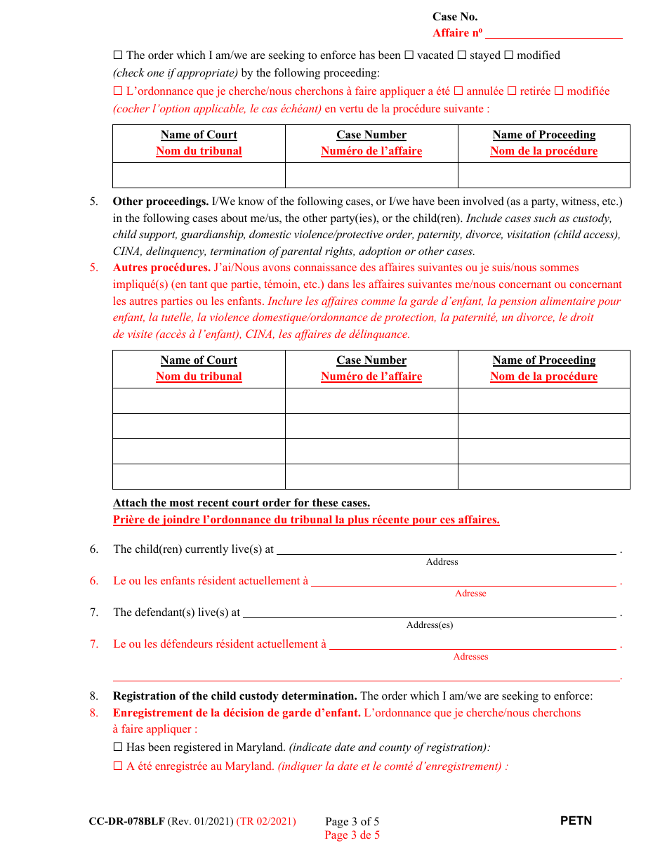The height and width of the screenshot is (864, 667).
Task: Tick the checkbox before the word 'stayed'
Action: point(462,55)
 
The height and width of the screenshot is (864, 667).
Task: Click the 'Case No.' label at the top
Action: point(455,17)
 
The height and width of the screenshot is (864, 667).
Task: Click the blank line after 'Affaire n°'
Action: point(553,33)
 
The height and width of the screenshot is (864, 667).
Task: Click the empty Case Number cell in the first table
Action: point(371,175)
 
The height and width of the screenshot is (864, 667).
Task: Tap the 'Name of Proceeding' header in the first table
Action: point(544,135)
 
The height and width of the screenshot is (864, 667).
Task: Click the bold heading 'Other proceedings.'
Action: point(160,202)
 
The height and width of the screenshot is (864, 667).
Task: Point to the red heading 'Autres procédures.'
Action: point(161,268)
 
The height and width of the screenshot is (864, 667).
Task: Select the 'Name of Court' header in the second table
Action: point(199,360)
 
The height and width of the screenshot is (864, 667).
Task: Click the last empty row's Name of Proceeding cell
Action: point(544,476)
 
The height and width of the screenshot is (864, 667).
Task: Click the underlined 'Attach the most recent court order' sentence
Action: point(242,503)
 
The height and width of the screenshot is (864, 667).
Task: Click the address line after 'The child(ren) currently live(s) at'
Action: point(446,550)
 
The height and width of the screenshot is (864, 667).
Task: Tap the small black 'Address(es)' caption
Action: point(430,625)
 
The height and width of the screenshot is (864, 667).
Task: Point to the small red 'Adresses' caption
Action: point(470,657)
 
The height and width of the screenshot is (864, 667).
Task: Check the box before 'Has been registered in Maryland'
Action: point(118,748)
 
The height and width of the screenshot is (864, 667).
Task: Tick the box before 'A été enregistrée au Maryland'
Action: point(118,767)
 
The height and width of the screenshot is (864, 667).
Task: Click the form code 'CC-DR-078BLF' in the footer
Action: point(127,821)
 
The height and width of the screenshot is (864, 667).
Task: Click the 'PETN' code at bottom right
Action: point(576,820)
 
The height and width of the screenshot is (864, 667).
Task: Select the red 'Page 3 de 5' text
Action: point(352,835)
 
